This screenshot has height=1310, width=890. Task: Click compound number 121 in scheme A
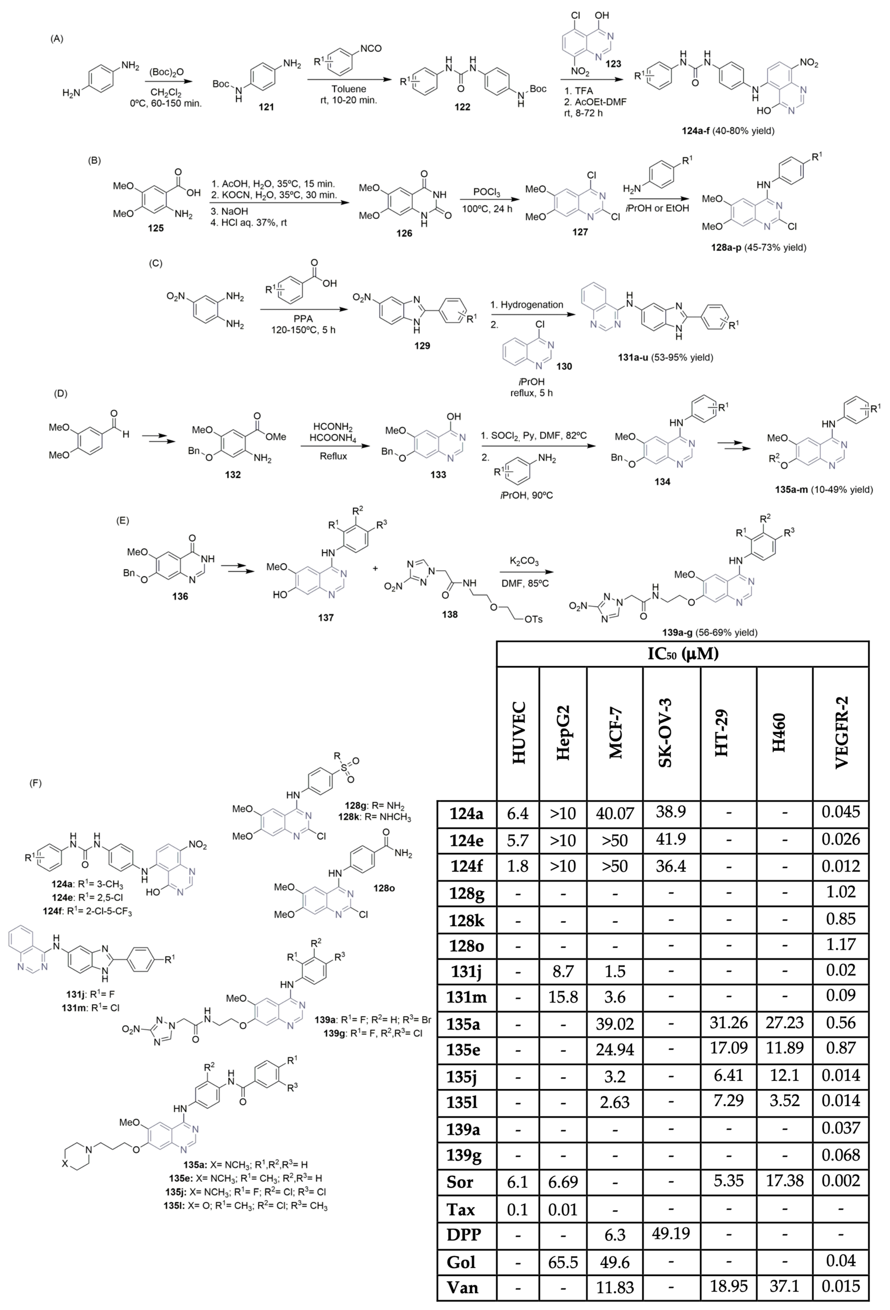coord(266,107)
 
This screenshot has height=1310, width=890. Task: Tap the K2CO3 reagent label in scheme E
coord(524,561)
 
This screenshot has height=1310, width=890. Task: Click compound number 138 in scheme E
coord(450,614)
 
